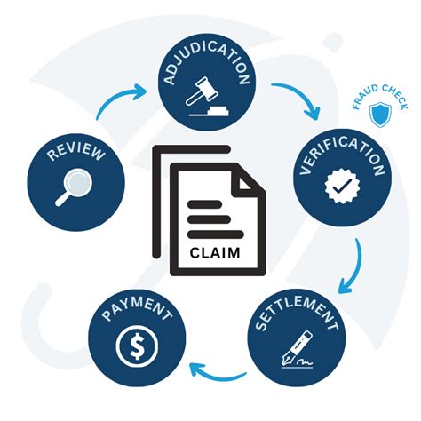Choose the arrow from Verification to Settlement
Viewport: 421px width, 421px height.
click(354, 266)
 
